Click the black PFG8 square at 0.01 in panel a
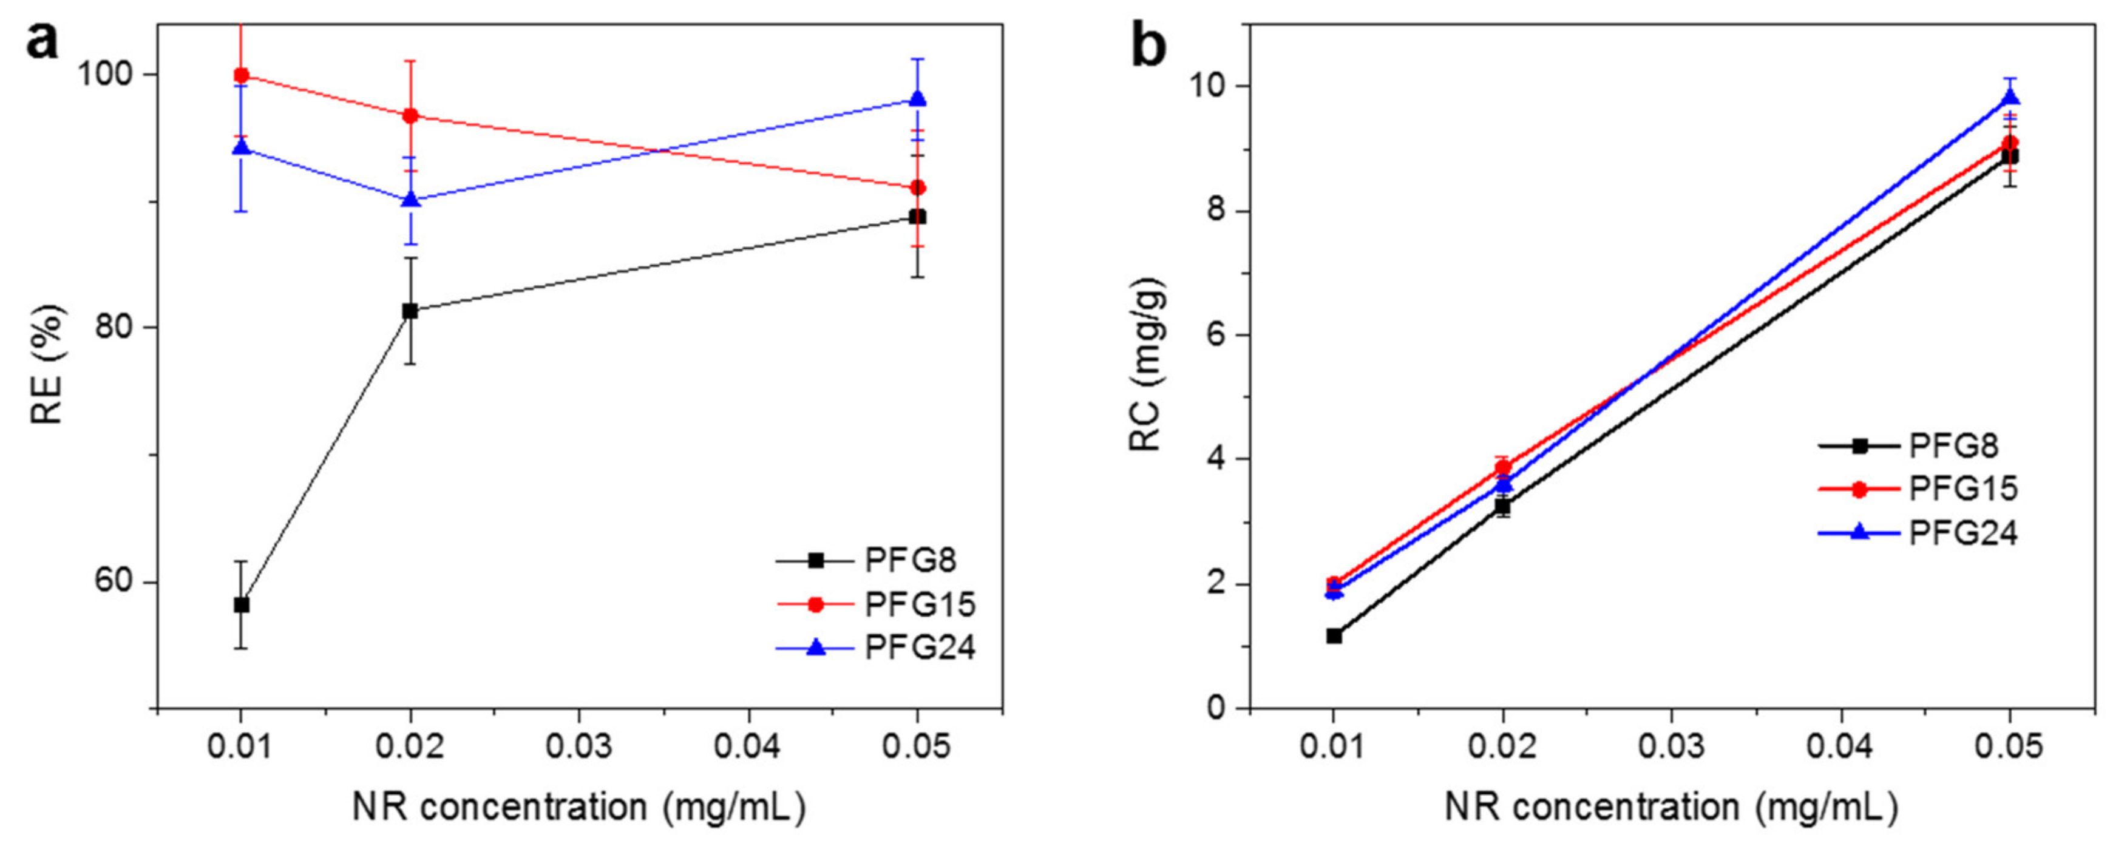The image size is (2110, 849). pos(241,605)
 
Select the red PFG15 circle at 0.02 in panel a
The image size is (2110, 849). pos(410,115)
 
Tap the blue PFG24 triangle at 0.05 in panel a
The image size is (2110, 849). pos(918,99)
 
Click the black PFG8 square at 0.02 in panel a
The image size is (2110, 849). pos(410,311)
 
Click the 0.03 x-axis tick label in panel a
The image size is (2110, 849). pos(579,748)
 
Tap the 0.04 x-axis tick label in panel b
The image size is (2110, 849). pos(1840,748)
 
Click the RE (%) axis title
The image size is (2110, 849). pos(47,364)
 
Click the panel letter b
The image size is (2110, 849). pos(1148,45)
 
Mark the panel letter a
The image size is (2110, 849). pos(42,41)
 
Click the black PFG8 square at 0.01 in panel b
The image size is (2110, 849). pos(1334,635)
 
